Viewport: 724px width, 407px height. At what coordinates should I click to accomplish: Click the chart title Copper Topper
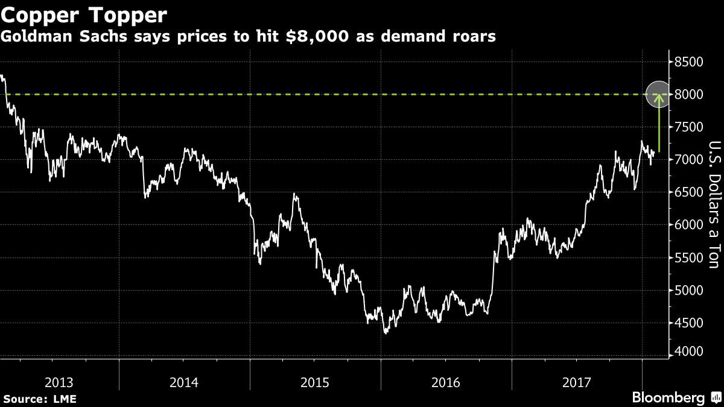[84, 14]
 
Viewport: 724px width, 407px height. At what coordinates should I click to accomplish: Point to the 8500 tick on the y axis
[688, 62]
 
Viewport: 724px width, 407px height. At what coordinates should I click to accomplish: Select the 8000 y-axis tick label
[688, 95]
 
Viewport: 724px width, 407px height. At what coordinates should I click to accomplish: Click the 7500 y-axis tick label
[688, 127]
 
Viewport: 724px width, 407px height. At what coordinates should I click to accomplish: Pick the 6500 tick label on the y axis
[688, 192]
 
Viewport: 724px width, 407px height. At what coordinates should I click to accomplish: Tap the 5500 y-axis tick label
[688, 257]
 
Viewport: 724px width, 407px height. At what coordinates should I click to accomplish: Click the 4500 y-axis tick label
[688, 323]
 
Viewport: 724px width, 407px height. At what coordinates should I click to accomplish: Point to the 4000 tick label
[688, 352]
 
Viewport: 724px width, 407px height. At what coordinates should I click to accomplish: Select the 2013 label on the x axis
[59, 382]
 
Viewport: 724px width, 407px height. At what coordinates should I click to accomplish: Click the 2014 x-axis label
[185, 382]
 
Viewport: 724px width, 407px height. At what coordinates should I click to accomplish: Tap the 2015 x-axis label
[316, 382]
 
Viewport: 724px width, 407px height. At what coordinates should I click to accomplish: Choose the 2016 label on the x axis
[446, 382]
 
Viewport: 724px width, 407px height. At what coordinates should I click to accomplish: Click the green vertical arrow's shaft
[659, 130]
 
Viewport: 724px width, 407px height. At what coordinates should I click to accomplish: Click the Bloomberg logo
[668, 398]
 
